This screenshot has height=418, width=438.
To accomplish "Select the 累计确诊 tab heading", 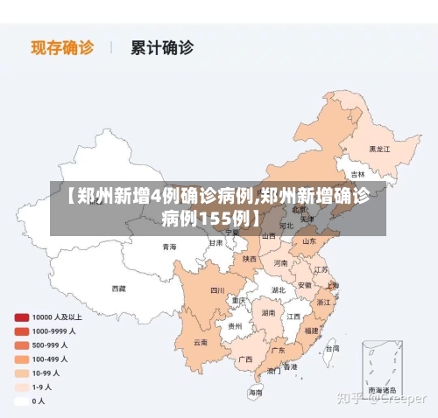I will click(x=162, y=47).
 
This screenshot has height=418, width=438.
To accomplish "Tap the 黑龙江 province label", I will click(x=379, y=149).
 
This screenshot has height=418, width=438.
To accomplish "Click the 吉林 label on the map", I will click(x=357, y=174).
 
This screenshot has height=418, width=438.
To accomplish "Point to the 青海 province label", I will click(x=169, y=247).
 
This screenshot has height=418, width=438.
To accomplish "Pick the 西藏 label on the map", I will click(x=118, y=288).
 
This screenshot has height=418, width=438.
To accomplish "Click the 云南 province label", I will click(x=201, y=342).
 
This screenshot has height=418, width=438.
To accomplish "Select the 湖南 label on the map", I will click(x=268, y=312).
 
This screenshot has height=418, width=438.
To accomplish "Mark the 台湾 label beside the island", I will click(x=331, y=348).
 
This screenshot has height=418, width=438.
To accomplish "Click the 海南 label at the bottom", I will click(x=255, y=393).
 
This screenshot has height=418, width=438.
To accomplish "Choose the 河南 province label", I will click(x=280, y=262).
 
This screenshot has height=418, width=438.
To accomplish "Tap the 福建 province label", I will click(x=312, y=331).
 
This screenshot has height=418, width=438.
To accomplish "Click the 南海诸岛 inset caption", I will click(x=381, y=389).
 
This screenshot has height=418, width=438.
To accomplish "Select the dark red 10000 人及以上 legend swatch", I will click(x=20, y=317).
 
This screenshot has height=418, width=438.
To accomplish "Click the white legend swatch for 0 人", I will click(x=20, y=401).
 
